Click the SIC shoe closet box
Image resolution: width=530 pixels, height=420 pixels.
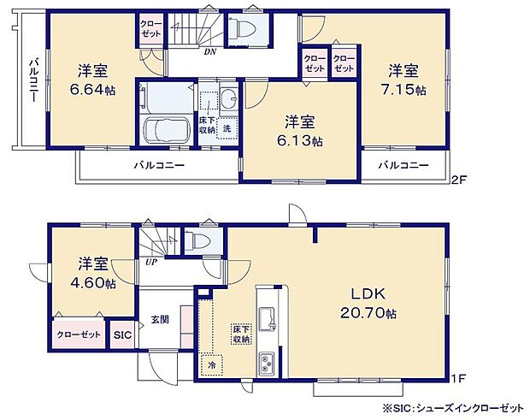[x=123, y=334]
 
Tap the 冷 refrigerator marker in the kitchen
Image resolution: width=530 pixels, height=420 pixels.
[x=209, y=365]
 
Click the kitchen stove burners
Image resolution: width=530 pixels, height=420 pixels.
[x=267, y=363]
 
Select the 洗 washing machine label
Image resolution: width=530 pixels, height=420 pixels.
[x=227, y=128]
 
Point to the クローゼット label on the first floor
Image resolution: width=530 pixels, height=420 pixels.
[x=79, y=334]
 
